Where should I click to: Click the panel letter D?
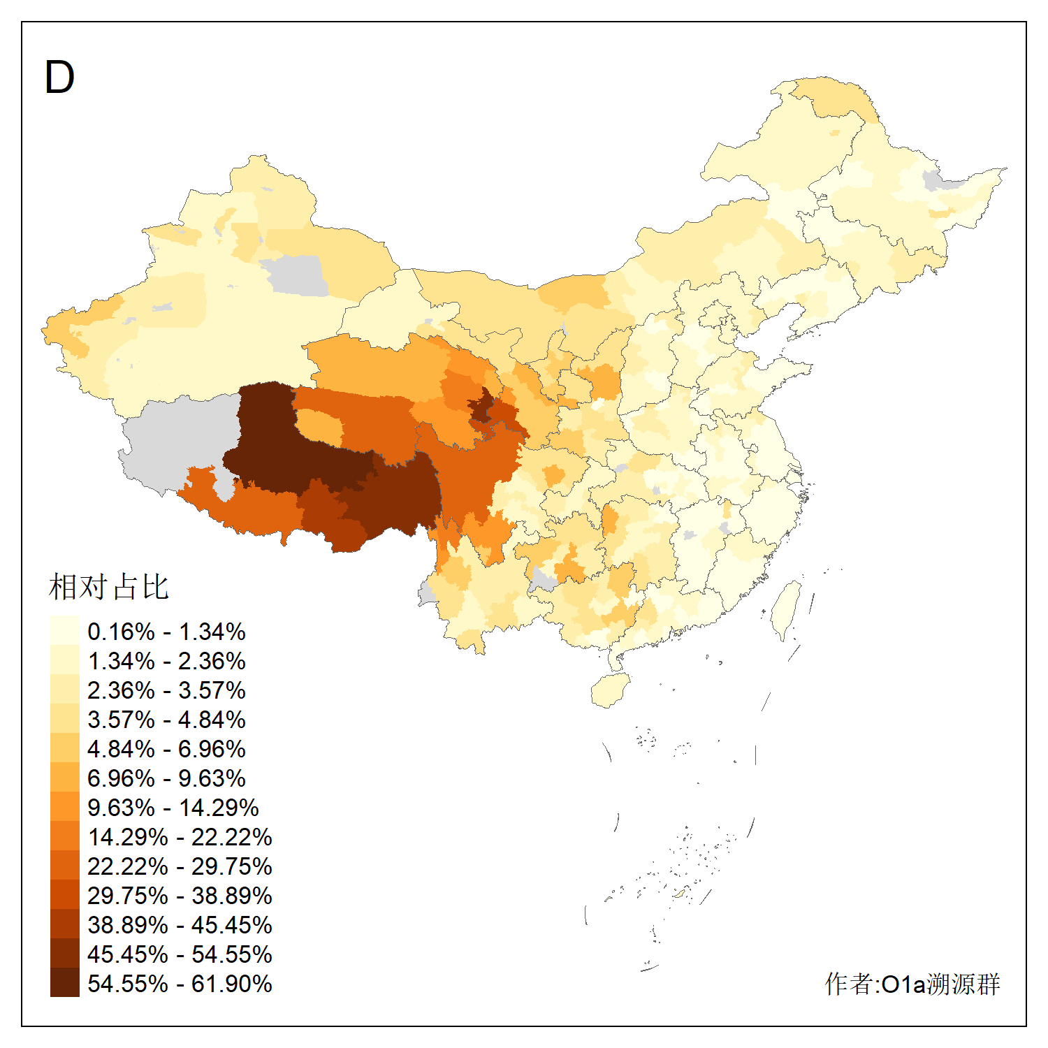pyautogui.click(x=59, y=77)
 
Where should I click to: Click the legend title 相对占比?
pyautogui.click(x=109, y=587)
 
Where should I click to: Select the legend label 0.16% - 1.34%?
pyautogui.click(x=166, y=632)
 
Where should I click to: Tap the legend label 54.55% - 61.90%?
pyautogui.click(x=180, y=984)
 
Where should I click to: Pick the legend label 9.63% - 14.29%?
pyautogui.click(x=173, y=808)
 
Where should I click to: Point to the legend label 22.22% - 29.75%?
pyautogui.click(x=180, y=866)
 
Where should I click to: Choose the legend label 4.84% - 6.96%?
pyautogui.click(x=166, y=749)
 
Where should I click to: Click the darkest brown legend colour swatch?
pyautogui.click(x=64, y=982)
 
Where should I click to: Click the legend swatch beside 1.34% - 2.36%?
pyautogui.click(x=64, y=660)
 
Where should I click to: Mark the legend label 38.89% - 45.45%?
pyautogui.click(x=180, y=925)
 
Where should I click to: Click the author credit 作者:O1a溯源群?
pyautogui.click(x=912, y=984)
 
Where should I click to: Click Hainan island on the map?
pyautogui.click(x=610, y=690)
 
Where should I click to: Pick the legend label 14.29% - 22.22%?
pyautogui.click(x=180, y=837)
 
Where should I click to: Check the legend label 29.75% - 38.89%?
pyautogui.click(x=180, y=896)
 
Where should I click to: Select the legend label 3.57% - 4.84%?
pyautogui.click(x=166, y=720)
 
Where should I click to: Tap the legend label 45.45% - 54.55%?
pyautogui.click(x=180, y=954)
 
